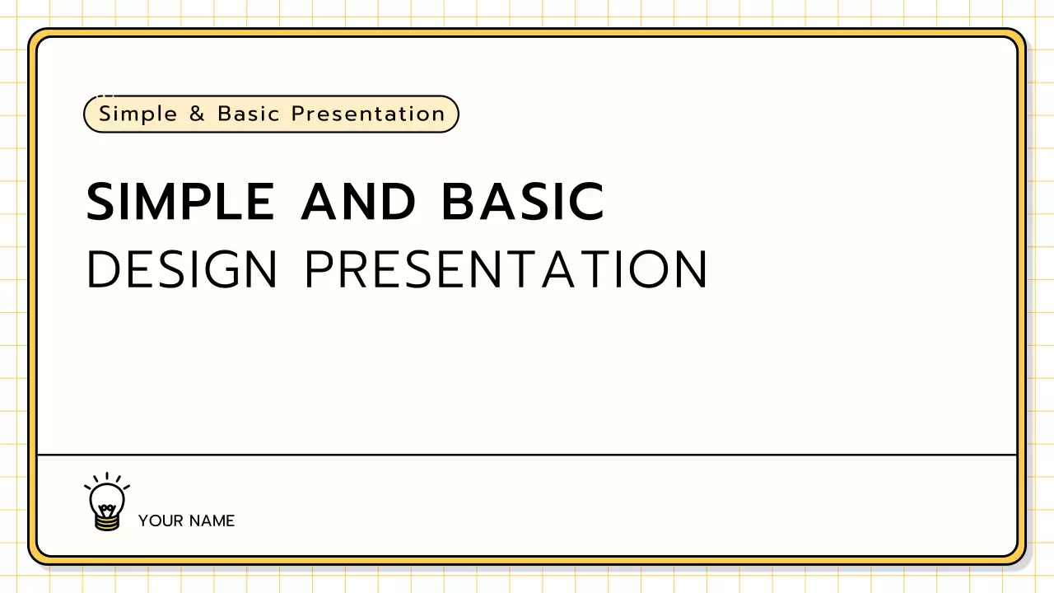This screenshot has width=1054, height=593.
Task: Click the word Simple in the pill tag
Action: pyautogui.click(x=138, y=114)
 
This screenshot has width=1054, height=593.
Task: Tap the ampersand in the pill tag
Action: pyautogui.click(x=197, y=114)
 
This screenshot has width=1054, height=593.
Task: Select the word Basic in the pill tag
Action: pyautogui.click(x=249, y=114)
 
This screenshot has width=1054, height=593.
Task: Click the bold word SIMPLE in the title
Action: pyautogui.click(x=180, y=202)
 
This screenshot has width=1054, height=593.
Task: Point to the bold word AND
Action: pyautogui.click(x=358, y=202)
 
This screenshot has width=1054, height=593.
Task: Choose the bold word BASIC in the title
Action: pyautogui.click(x=524, y=202)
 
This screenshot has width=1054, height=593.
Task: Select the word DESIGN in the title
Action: pyautogui.click(x=182, y=268)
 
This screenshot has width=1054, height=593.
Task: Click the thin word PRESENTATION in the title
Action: pyautogui.click(x=506, y=268)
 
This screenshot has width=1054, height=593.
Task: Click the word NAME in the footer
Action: pyautogui.click(x=212, y=521)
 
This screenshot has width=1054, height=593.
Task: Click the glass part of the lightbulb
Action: pyautogui.click(x=107, y=497)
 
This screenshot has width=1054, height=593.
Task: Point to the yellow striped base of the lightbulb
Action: pyautogui.click(x=107, y=521)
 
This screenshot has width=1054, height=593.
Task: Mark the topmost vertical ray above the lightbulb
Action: pyautogui.click(x=107, y=476)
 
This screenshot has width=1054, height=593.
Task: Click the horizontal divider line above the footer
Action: pyautogui.click(x=527, y=454)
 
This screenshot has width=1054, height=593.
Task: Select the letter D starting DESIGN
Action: pyautogui.click(x=103, y=268)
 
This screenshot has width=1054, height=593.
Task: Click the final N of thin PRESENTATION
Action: pyautogui.click(x=690, y=268)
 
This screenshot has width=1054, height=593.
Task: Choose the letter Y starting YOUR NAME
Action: pyautogui.click(x=143, y=521)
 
